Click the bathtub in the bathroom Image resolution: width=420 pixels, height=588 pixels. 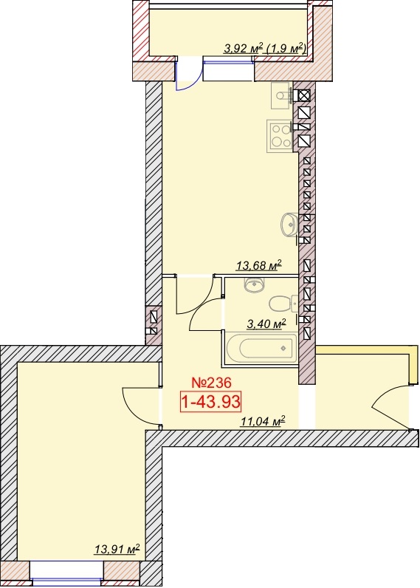click(262, 349)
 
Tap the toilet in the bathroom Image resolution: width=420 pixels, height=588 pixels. click(283, 304)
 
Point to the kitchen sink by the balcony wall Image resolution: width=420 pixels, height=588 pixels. click(282, 95)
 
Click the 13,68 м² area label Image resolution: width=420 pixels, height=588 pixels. click(258, 265)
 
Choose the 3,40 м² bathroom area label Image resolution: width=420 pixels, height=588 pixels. click(266, 324)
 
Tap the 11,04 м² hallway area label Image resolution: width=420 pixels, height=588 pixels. click(263, 422)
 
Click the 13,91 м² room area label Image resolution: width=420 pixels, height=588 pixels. click(117, 550)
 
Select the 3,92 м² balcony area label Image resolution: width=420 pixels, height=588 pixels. click(241, 48)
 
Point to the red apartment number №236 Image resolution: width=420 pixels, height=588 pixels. click(212, 383)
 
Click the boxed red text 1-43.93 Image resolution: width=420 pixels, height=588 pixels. click(210, 402)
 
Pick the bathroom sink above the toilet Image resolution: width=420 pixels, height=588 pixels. click(255, 284)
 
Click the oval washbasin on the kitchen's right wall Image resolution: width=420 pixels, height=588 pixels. click(289, 225)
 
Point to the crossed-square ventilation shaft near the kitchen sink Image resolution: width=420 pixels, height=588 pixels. click(304, 96)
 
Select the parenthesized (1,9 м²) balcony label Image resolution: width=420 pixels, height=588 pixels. click(285, 48)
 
